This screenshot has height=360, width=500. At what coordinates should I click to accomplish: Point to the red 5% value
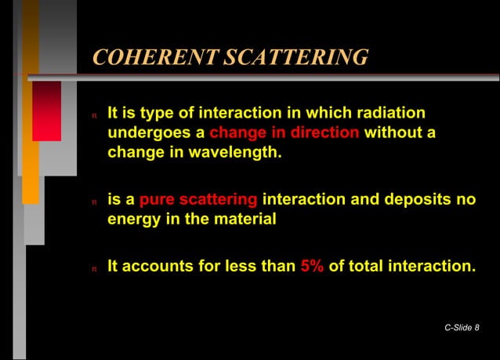(x=312, y=266)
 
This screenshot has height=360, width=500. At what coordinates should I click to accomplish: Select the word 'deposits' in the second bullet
(x=408, y=199)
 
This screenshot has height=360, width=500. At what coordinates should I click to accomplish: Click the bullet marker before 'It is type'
(x=95, y=115)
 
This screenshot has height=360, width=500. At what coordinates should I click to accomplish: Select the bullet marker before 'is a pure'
(x=95, y=201)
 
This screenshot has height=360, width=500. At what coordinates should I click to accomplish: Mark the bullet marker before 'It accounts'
(x=95, y=267)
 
